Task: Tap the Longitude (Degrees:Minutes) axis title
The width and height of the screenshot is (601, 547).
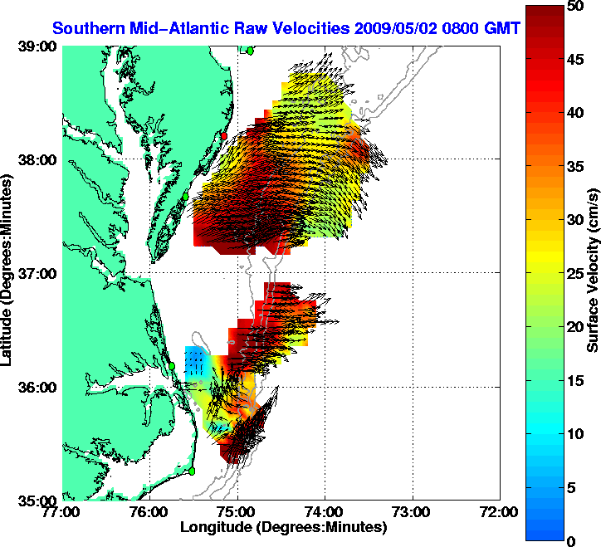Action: pos(282,527)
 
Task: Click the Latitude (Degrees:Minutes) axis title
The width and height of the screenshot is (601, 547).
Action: pos(7,273)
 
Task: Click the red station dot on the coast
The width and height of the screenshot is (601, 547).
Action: pos(223,135)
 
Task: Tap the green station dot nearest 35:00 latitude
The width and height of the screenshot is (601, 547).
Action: pos(192,471)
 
